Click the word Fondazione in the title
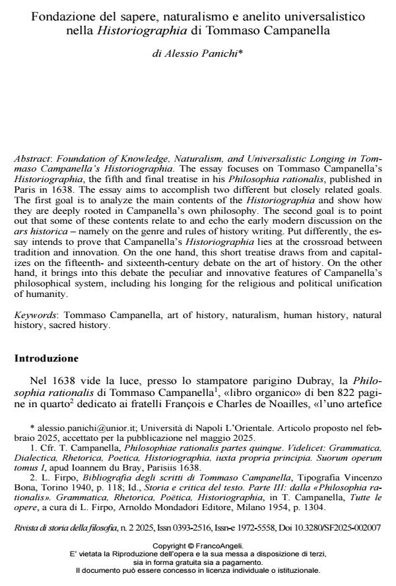coord(59,15)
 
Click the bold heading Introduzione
coord(46,359)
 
